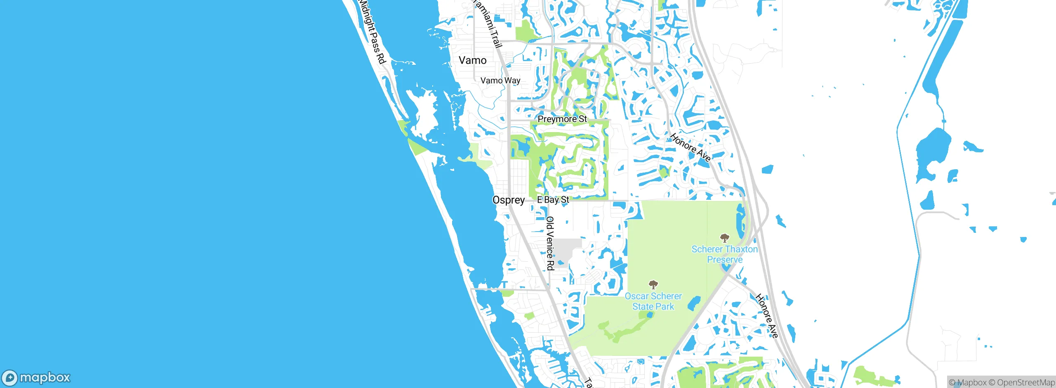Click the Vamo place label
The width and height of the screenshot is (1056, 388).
click(473, 60)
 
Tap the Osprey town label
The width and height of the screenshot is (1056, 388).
click(509, 200)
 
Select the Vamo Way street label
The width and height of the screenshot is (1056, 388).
click(500, 80)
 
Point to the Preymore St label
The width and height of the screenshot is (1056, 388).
click(562, 119)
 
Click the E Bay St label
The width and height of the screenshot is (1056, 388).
click(553, 200)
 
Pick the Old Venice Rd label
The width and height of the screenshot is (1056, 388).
click(550, 244)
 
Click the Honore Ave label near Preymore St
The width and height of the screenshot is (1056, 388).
click(690, 147)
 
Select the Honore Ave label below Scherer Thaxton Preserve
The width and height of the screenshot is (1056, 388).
click(767, 316)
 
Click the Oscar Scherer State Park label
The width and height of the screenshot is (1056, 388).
click(653, 301)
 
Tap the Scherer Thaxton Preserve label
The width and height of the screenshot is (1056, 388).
click(725, 254)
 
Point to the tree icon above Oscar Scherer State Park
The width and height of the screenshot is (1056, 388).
click(653, 284)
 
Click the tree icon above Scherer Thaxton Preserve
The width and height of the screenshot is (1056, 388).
click(724, 238)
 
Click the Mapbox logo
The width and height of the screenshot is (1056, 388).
click(36, 378)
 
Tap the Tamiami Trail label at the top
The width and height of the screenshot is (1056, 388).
click(488, 23)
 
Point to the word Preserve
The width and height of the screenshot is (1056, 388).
click(725, 260)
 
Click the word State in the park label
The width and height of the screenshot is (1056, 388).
click(643, 307)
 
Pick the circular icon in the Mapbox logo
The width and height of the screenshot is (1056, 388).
click(9, 378)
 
